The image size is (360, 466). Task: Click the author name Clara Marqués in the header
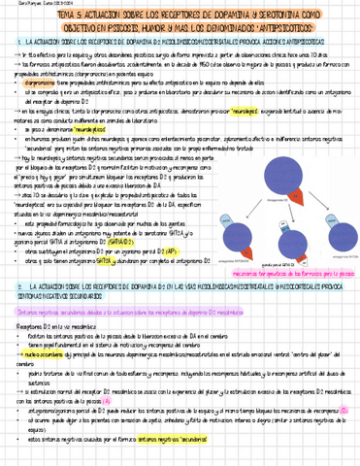click(x=18, y=5)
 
